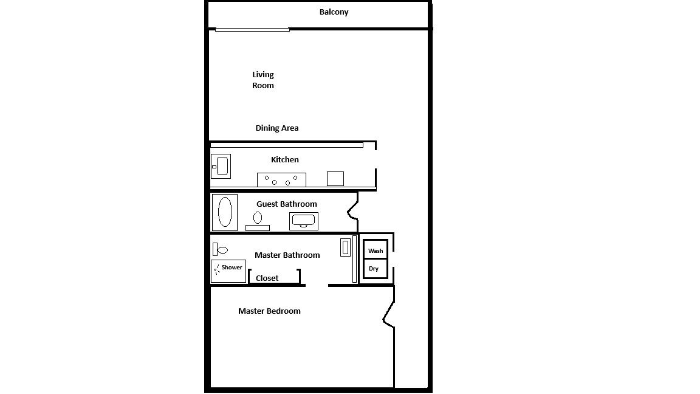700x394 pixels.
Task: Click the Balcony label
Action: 334,12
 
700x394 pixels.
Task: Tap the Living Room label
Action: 263,80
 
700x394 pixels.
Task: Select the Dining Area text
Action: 277,128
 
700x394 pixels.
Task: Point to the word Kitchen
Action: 285,159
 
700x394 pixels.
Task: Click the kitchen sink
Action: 221,166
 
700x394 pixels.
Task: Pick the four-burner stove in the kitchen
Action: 281,179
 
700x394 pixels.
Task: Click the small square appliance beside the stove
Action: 335,179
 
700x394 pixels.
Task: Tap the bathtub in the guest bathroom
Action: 225,212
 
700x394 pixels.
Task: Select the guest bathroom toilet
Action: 258,221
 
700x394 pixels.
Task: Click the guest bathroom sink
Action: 304,221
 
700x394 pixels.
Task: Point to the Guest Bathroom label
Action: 287,204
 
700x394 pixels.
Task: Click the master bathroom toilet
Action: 220,250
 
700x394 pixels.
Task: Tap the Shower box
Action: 228,271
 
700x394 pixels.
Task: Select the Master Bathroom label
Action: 287,255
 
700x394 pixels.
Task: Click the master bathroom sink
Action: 346,247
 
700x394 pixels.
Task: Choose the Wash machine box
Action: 376,250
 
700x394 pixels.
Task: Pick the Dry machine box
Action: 376,269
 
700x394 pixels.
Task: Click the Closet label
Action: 267,278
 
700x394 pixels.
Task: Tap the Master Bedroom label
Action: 269,311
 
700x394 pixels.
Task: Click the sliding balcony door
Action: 252,30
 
